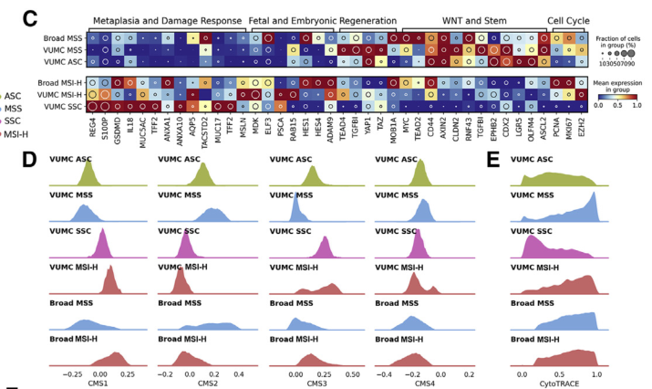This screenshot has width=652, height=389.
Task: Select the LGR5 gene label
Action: coord(516,127)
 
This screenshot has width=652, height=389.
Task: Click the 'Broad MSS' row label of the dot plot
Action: coord(66,38)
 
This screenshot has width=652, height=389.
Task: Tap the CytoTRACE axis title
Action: coord(558,384)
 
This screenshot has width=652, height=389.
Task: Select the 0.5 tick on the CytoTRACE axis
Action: coord(559,374)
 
